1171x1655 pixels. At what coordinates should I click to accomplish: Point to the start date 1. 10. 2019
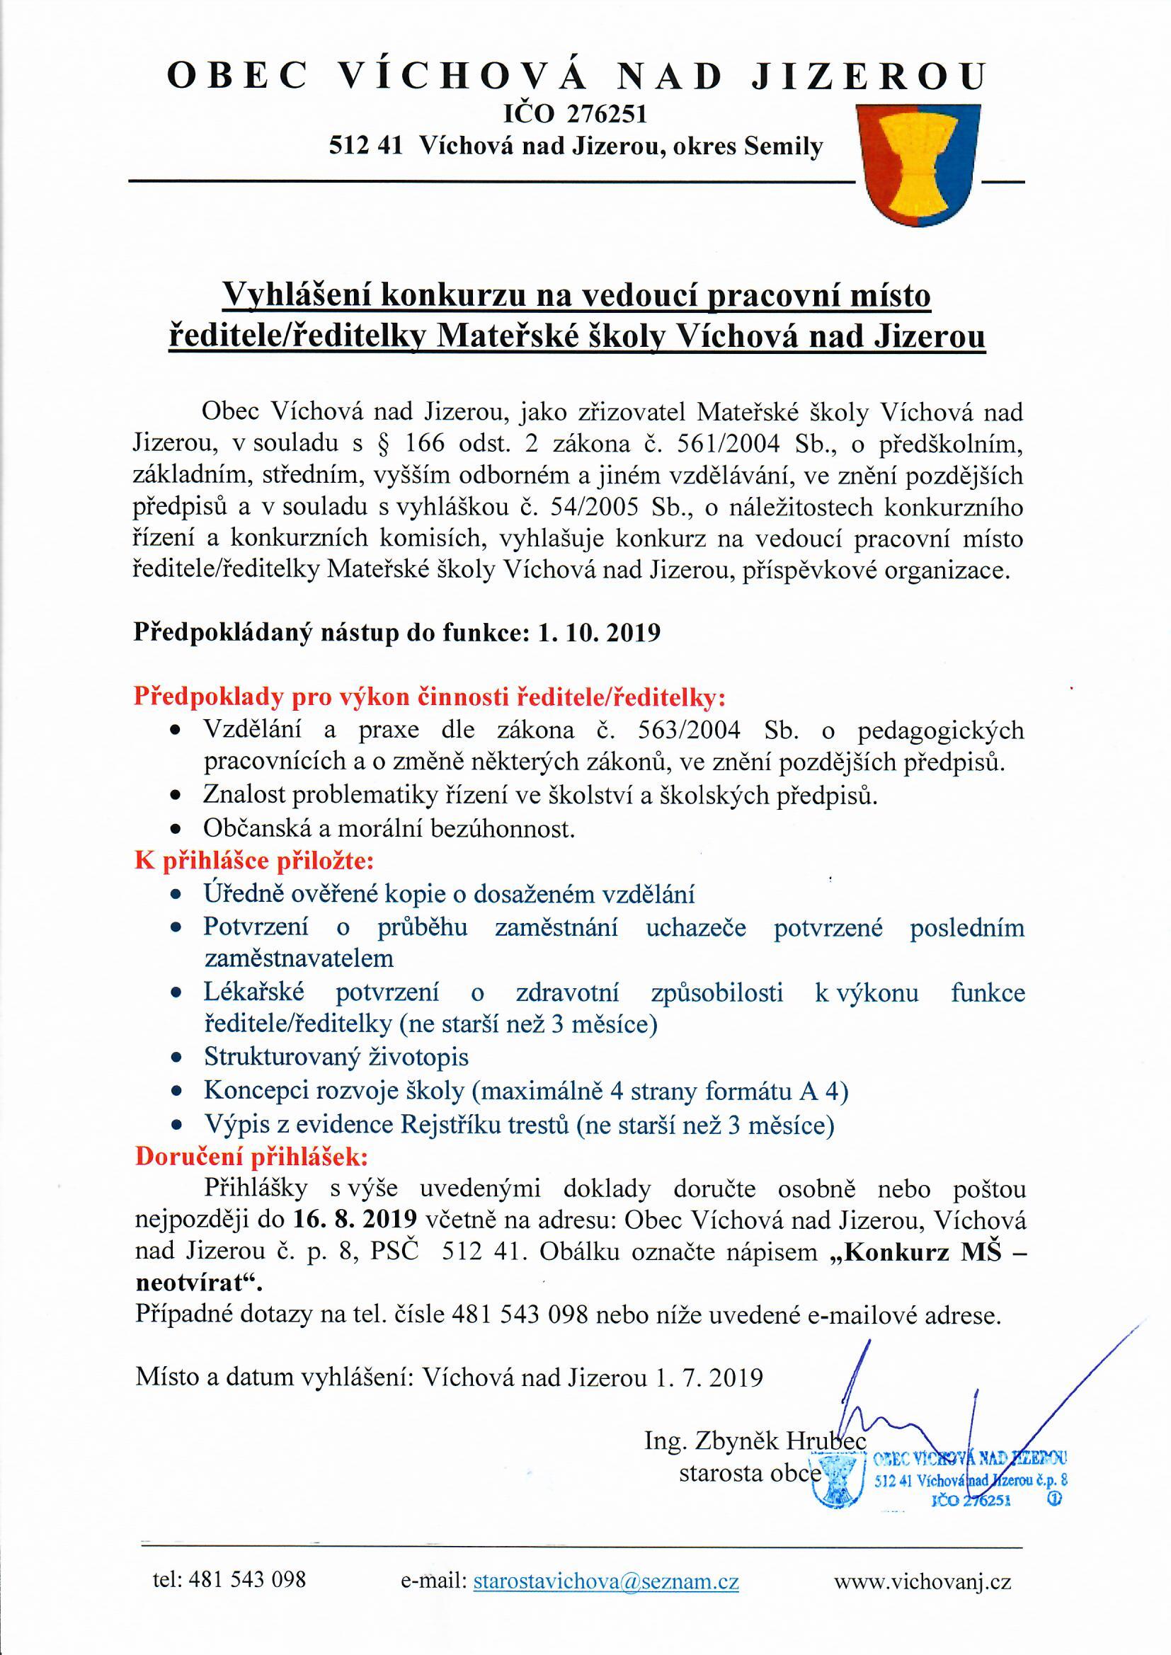point(600,633)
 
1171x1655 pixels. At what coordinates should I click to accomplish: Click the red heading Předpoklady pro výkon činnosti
point(430,698)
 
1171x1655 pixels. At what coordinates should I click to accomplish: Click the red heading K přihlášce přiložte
point(255,861)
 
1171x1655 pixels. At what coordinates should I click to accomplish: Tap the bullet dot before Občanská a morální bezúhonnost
point(175,830)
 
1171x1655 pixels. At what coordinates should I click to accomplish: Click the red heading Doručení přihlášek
point(251,1157)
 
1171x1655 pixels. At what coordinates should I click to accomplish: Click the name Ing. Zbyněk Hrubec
point(754,1421)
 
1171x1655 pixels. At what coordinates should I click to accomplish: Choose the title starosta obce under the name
point(750,1453)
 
